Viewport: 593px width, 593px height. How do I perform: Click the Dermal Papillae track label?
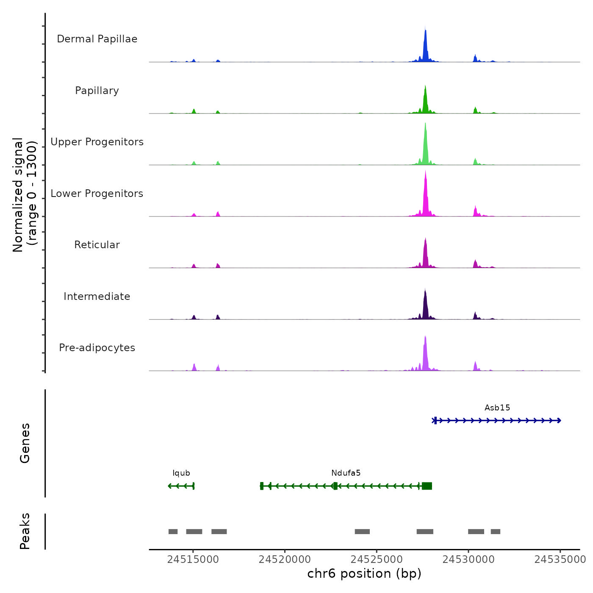pyautogui.click(x=97, y=39)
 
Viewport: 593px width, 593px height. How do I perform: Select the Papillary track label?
pyautogui.click(x=97, y=91)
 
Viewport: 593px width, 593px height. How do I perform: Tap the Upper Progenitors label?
pyautogui.click(x=97, y=142)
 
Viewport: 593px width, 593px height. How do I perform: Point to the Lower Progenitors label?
pyautogui.click(x=97, y=194)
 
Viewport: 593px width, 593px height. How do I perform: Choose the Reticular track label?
pyautogui.click(x=97, y=245)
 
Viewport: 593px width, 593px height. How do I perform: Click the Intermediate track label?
pyautogui.click(x=97, y=296)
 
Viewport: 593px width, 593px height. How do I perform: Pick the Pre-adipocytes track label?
pyautogui.click(x=97, y=348)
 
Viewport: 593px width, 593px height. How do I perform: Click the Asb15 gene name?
pyautogui.click(x=497, y=408)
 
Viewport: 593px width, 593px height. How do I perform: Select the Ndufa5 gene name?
pyautogui.click(x=346, y=473)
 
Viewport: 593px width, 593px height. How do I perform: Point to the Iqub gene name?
pyautogui.click(x=181, y=473)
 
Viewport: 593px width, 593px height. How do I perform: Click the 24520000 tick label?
pyautogui.click(x=285, y=560)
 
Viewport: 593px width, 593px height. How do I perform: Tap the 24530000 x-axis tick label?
pyautogui.click(x=468, y=560)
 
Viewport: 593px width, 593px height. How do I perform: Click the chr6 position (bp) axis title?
pyautogui.click(x=364, y=574)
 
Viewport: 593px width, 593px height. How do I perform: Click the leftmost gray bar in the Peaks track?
pyautogui.click(x=173, y=532)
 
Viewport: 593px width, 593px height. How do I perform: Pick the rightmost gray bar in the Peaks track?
pyautogui.click(x=496, y=532)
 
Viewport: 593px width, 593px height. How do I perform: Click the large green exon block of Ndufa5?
pyautogui.click(x=427, y=486)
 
